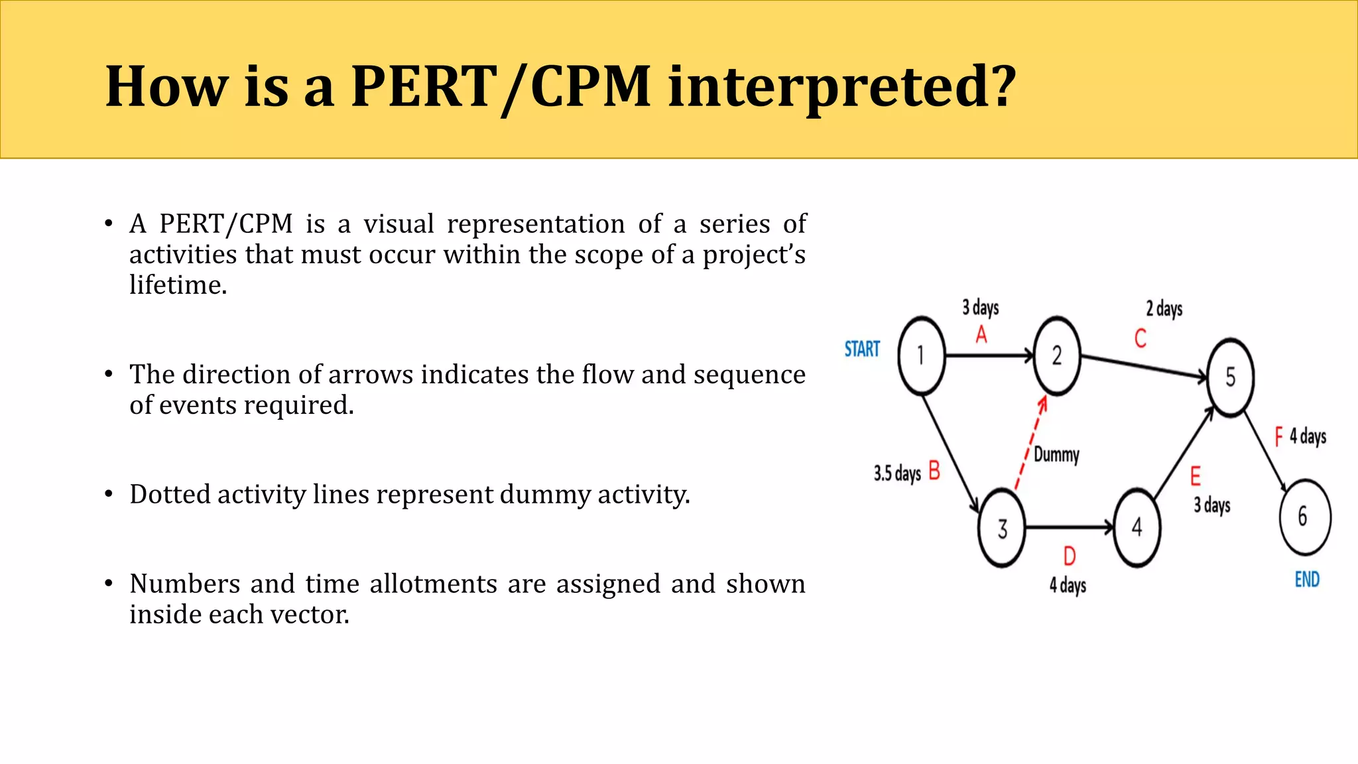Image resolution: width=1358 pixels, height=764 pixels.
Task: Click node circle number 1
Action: point(921,356)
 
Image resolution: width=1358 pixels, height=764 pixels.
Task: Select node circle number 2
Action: point(1057,356)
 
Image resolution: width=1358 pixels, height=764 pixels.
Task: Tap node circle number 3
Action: point(1002,529)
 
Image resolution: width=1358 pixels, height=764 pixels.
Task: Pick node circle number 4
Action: point(1137,528)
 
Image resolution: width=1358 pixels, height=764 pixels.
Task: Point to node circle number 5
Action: point(1230,377)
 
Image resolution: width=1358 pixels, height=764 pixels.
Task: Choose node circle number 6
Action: point(1304,517)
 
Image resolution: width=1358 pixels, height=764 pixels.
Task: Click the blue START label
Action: point(862,350)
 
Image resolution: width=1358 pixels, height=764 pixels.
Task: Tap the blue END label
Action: point(1307,580)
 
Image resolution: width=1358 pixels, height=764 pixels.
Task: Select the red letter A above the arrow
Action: point(981,335)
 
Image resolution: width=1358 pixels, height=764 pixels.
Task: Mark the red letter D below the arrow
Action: point(1069,556)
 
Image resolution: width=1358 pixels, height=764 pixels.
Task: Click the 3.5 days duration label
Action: point(897,474)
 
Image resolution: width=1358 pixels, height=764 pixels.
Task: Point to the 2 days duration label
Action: point(1164,309)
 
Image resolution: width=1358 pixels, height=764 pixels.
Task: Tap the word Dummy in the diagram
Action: point(1056,455)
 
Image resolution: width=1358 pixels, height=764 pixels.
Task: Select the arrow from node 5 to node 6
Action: point(1265,451)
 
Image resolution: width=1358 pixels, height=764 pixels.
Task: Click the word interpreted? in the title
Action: point(841,87)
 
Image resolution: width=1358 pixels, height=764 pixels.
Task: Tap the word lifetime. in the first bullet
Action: point(178,285)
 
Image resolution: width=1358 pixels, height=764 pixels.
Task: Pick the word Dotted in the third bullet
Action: point(169,495)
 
